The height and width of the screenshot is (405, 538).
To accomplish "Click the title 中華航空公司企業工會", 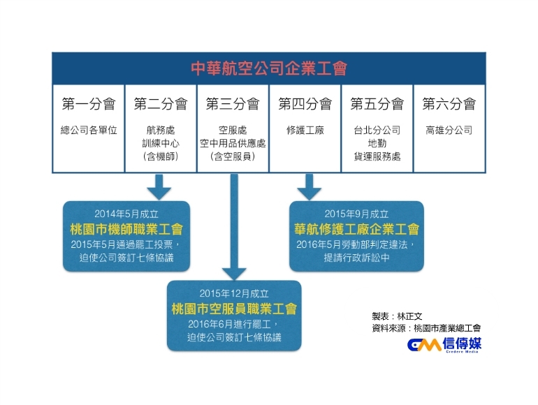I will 269,68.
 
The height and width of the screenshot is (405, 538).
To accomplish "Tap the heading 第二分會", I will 161,105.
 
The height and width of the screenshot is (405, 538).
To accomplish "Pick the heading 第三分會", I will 233,105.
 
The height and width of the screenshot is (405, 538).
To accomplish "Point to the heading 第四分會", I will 305,105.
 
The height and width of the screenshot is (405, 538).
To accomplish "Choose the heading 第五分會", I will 377,105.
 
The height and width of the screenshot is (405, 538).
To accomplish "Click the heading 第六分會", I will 449,105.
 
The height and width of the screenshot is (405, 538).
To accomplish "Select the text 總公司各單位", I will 89,131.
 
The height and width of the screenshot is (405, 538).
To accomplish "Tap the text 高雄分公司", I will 449,131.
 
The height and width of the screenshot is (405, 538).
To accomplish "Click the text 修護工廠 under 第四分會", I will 305,131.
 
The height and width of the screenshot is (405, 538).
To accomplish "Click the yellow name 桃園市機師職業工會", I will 126,229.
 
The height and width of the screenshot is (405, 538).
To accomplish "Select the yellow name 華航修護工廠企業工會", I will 356,229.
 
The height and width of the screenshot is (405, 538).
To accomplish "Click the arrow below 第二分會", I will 159,186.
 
